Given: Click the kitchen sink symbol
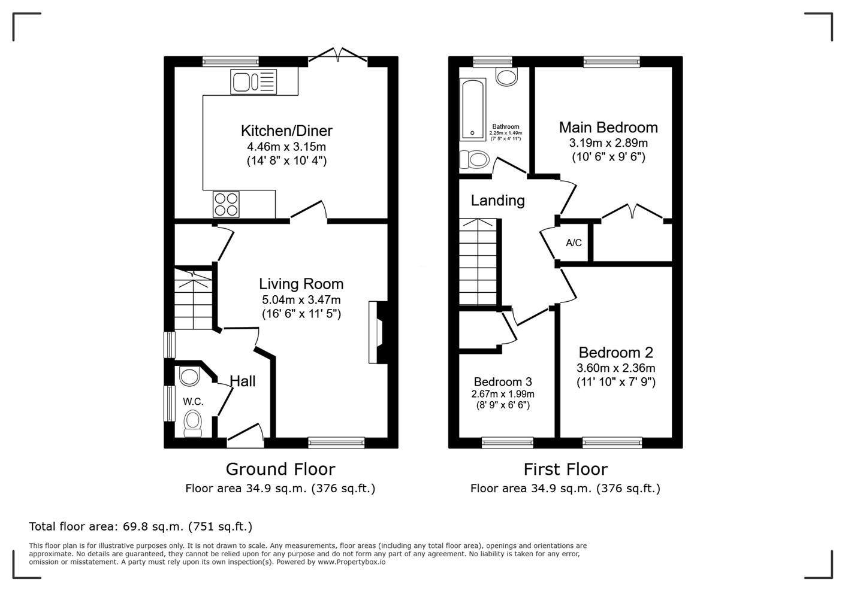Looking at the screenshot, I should [x=253, y=82].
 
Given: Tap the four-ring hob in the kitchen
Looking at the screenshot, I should [x=226, y=204].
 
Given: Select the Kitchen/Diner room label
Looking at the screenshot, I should [x=286, y=131].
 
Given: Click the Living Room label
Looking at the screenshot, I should [x=301, y=284].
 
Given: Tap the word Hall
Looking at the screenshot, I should [x=243, y=381].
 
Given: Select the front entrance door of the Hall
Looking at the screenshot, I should [x=246, y=436].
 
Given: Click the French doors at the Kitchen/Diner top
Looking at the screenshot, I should [x=338, y=56].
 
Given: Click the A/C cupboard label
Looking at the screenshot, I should [x=574, y=243].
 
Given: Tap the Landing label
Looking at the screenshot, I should [x=497, y=201].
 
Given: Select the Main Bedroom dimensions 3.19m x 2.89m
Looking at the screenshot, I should [x=608, y=143].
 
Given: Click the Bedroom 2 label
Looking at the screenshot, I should [x=615, y=353].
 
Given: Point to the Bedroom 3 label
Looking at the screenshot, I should [x=502, y=382].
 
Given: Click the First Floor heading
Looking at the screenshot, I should [x=565, y=469].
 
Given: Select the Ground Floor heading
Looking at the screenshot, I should [x=280, y=469].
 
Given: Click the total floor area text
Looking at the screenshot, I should [x=141, y=527].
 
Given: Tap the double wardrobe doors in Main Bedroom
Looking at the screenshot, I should [x=632, y=212].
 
